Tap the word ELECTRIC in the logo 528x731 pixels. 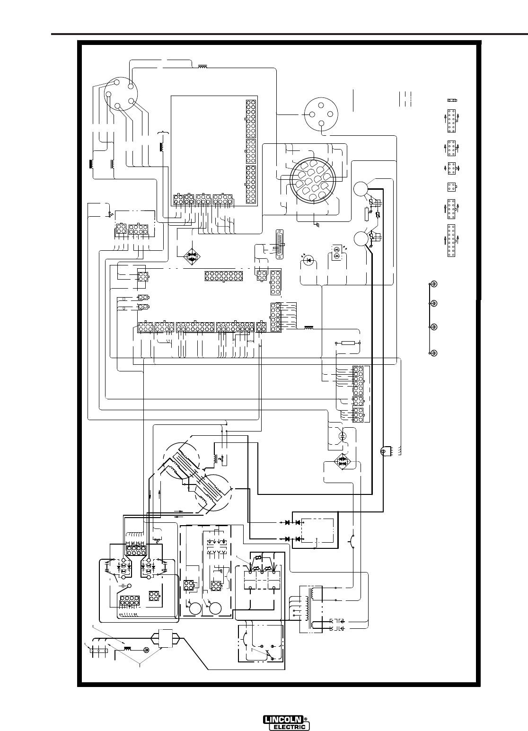tap(290, 727)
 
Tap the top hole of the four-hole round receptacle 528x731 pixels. tap(321, 105)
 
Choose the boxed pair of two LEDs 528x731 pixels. tap(336, 252)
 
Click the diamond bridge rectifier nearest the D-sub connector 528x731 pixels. tap(191, 257)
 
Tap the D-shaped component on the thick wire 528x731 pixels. tap(385, 452)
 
